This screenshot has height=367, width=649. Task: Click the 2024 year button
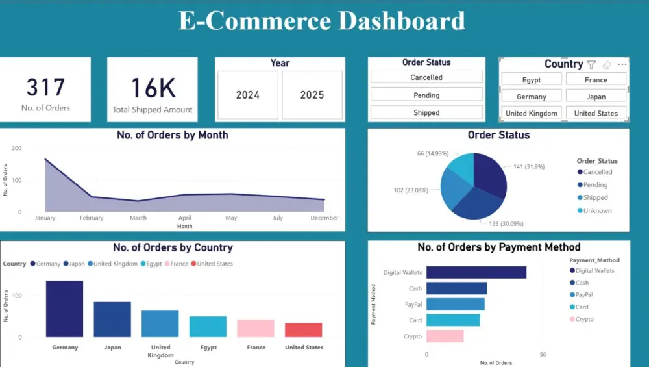point(247,95)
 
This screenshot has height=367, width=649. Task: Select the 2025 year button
point(312,95)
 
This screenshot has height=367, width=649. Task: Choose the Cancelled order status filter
point(426,77)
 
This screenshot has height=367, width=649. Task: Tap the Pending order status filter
point(426,95)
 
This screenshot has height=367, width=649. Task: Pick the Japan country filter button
point(596,97)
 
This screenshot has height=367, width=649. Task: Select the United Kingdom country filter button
point(532,113)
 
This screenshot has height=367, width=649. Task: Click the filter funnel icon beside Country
point(591,64)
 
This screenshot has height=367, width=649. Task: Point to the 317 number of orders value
point(45,88)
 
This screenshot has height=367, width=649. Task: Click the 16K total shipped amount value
point(153,88)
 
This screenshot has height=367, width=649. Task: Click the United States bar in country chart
point(303,330)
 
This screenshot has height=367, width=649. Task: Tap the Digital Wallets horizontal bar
point(476,272)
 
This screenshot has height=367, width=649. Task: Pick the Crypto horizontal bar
point(445,336)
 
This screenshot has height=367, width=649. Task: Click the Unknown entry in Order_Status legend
point(597,210)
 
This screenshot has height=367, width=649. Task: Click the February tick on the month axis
point(92,218)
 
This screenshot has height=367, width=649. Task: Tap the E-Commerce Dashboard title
point(322,21)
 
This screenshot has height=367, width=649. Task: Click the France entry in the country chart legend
point(178,264)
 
